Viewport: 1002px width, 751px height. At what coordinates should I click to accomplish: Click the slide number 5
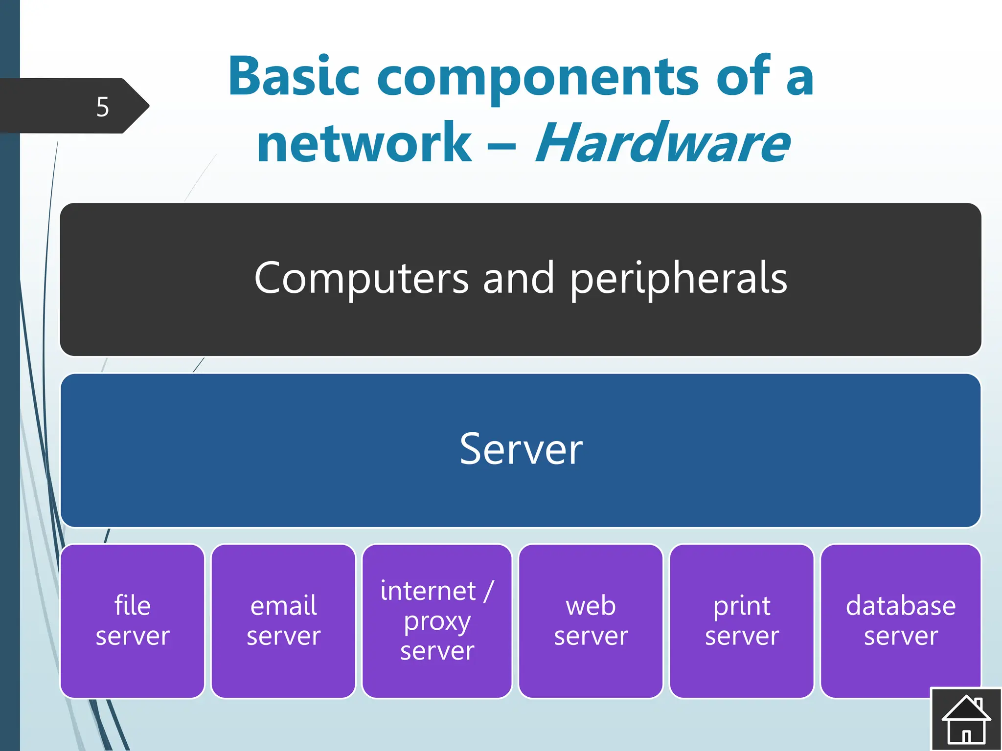102,107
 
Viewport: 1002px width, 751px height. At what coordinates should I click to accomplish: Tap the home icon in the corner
966,719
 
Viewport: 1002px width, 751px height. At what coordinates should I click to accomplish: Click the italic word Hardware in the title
662,143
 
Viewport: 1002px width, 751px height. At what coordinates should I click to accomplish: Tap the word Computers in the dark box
362,278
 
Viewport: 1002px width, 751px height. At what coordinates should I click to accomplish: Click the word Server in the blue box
521,449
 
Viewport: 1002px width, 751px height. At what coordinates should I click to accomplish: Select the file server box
132,621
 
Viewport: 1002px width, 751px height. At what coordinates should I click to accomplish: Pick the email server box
283,621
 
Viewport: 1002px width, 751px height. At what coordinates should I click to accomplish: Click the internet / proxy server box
437,621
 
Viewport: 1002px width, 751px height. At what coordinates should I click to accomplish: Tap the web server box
591,621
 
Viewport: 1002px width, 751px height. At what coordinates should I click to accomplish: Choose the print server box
742,621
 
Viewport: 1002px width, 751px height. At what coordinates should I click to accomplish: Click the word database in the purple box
900,606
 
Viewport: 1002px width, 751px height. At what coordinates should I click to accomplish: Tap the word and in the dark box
519,278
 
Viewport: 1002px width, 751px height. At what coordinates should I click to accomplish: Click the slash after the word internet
488,591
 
